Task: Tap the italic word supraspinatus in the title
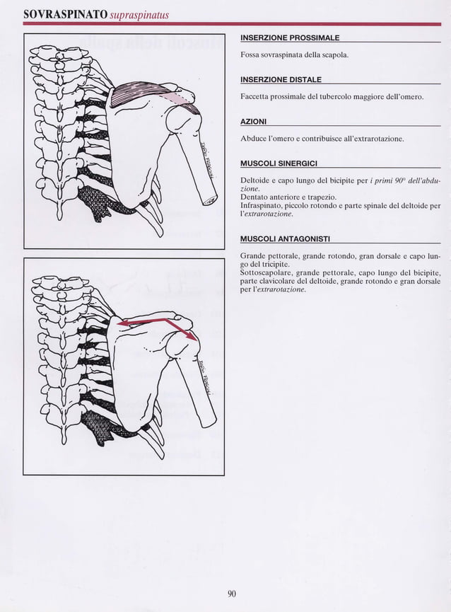coord(139,15)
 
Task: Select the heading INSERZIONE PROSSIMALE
coord(290,37)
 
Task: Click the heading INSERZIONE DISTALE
coord(281,79)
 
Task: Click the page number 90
coord(231,594)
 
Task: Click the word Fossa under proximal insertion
coord(252,54)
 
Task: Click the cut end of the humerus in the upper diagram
coord(211,199)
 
